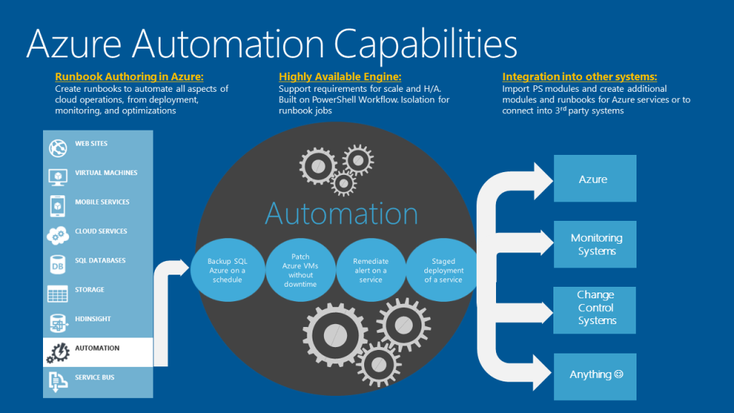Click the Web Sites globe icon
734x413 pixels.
click(x=57, y=148)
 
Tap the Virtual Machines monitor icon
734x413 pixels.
click(x=57, y=176)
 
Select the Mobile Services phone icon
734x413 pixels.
click(x=57, y=206)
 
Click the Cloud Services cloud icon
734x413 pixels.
click(x=57, y=234)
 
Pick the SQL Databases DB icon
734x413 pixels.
click(x=57, y=264)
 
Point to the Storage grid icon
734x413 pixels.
click(x=57, y=293)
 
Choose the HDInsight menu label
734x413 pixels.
click(x=93, y=319)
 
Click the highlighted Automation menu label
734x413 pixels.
click(x=97, y=348)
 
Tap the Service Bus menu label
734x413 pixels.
click(x=95, y=378)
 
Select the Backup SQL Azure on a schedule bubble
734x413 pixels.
click(x=227, y=270)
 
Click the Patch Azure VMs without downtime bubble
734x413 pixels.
click(x=300, y=270)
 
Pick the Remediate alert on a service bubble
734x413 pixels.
click(x=371, y=270)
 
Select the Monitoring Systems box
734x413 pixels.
click(x=595, y=245)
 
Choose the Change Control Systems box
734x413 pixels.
click(x=595, y=308)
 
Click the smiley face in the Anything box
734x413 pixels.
click(x=619, y=374)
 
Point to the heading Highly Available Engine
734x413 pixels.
click(x=340, y=77)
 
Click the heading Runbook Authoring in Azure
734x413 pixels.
click(x=129, y=77)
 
